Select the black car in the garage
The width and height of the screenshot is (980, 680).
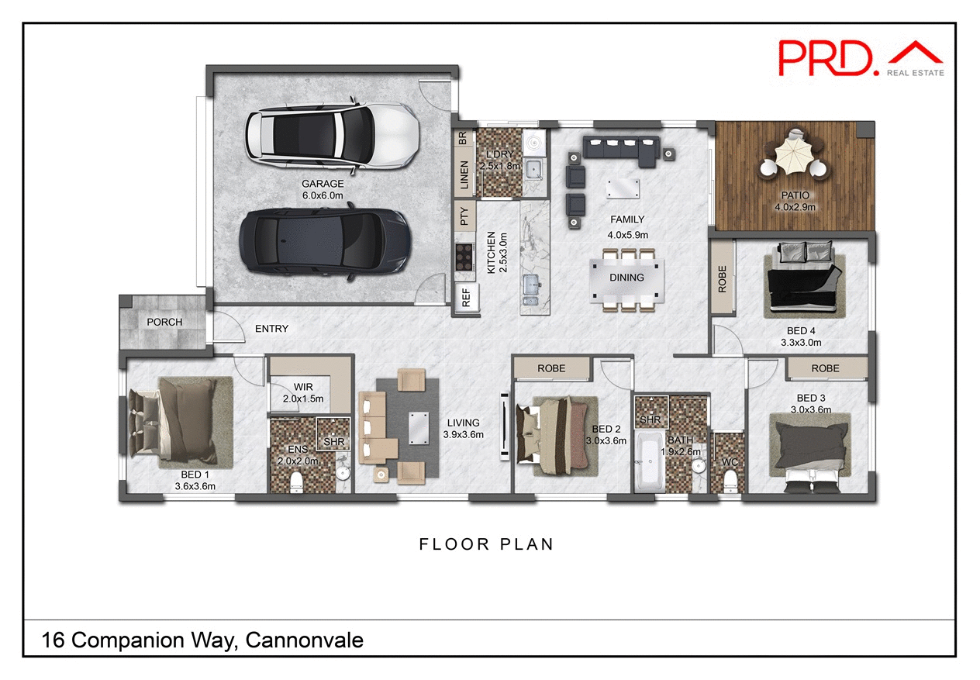[x=324, y=240]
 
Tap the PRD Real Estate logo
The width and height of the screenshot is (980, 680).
[x=861, y=59]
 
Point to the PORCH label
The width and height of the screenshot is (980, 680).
[x=164, y=322]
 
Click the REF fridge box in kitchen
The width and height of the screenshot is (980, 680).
[x=466, y=299]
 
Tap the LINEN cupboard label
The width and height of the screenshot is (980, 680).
[x=464, y=175]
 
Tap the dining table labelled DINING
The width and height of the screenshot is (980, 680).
[x=626, y=278]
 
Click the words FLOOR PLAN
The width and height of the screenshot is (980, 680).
[x=486, y=544]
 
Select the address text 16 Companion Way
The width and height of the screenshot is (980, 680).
[x=202, y=640]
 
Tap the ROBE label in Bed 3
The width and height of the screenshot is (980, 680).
[x=825, y=368]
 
